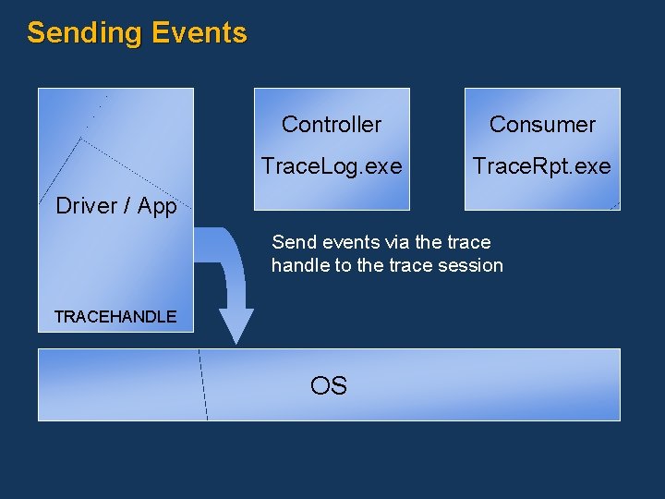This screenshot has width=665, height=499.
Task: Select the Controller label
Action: point(332,125)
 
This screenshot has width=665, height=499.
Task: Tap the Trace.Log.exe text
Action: point(332,166)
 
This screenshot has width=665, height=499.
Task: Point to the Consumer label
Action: point(542,125)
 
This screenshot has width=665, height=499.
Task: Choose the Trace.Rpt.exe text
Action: point(542,166)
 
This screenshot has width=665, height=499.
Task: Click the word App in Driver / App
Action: point(157,206)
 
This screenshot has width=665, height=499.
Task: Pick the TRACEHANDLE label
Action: point(115,317)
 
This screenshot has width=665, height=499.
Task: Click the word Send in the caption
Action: point(292,243)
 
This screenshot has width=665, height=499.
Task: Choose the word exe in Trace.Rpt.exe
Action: point(592,166)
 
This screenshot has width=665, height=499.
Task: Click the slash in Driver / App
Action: point(128,206)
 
